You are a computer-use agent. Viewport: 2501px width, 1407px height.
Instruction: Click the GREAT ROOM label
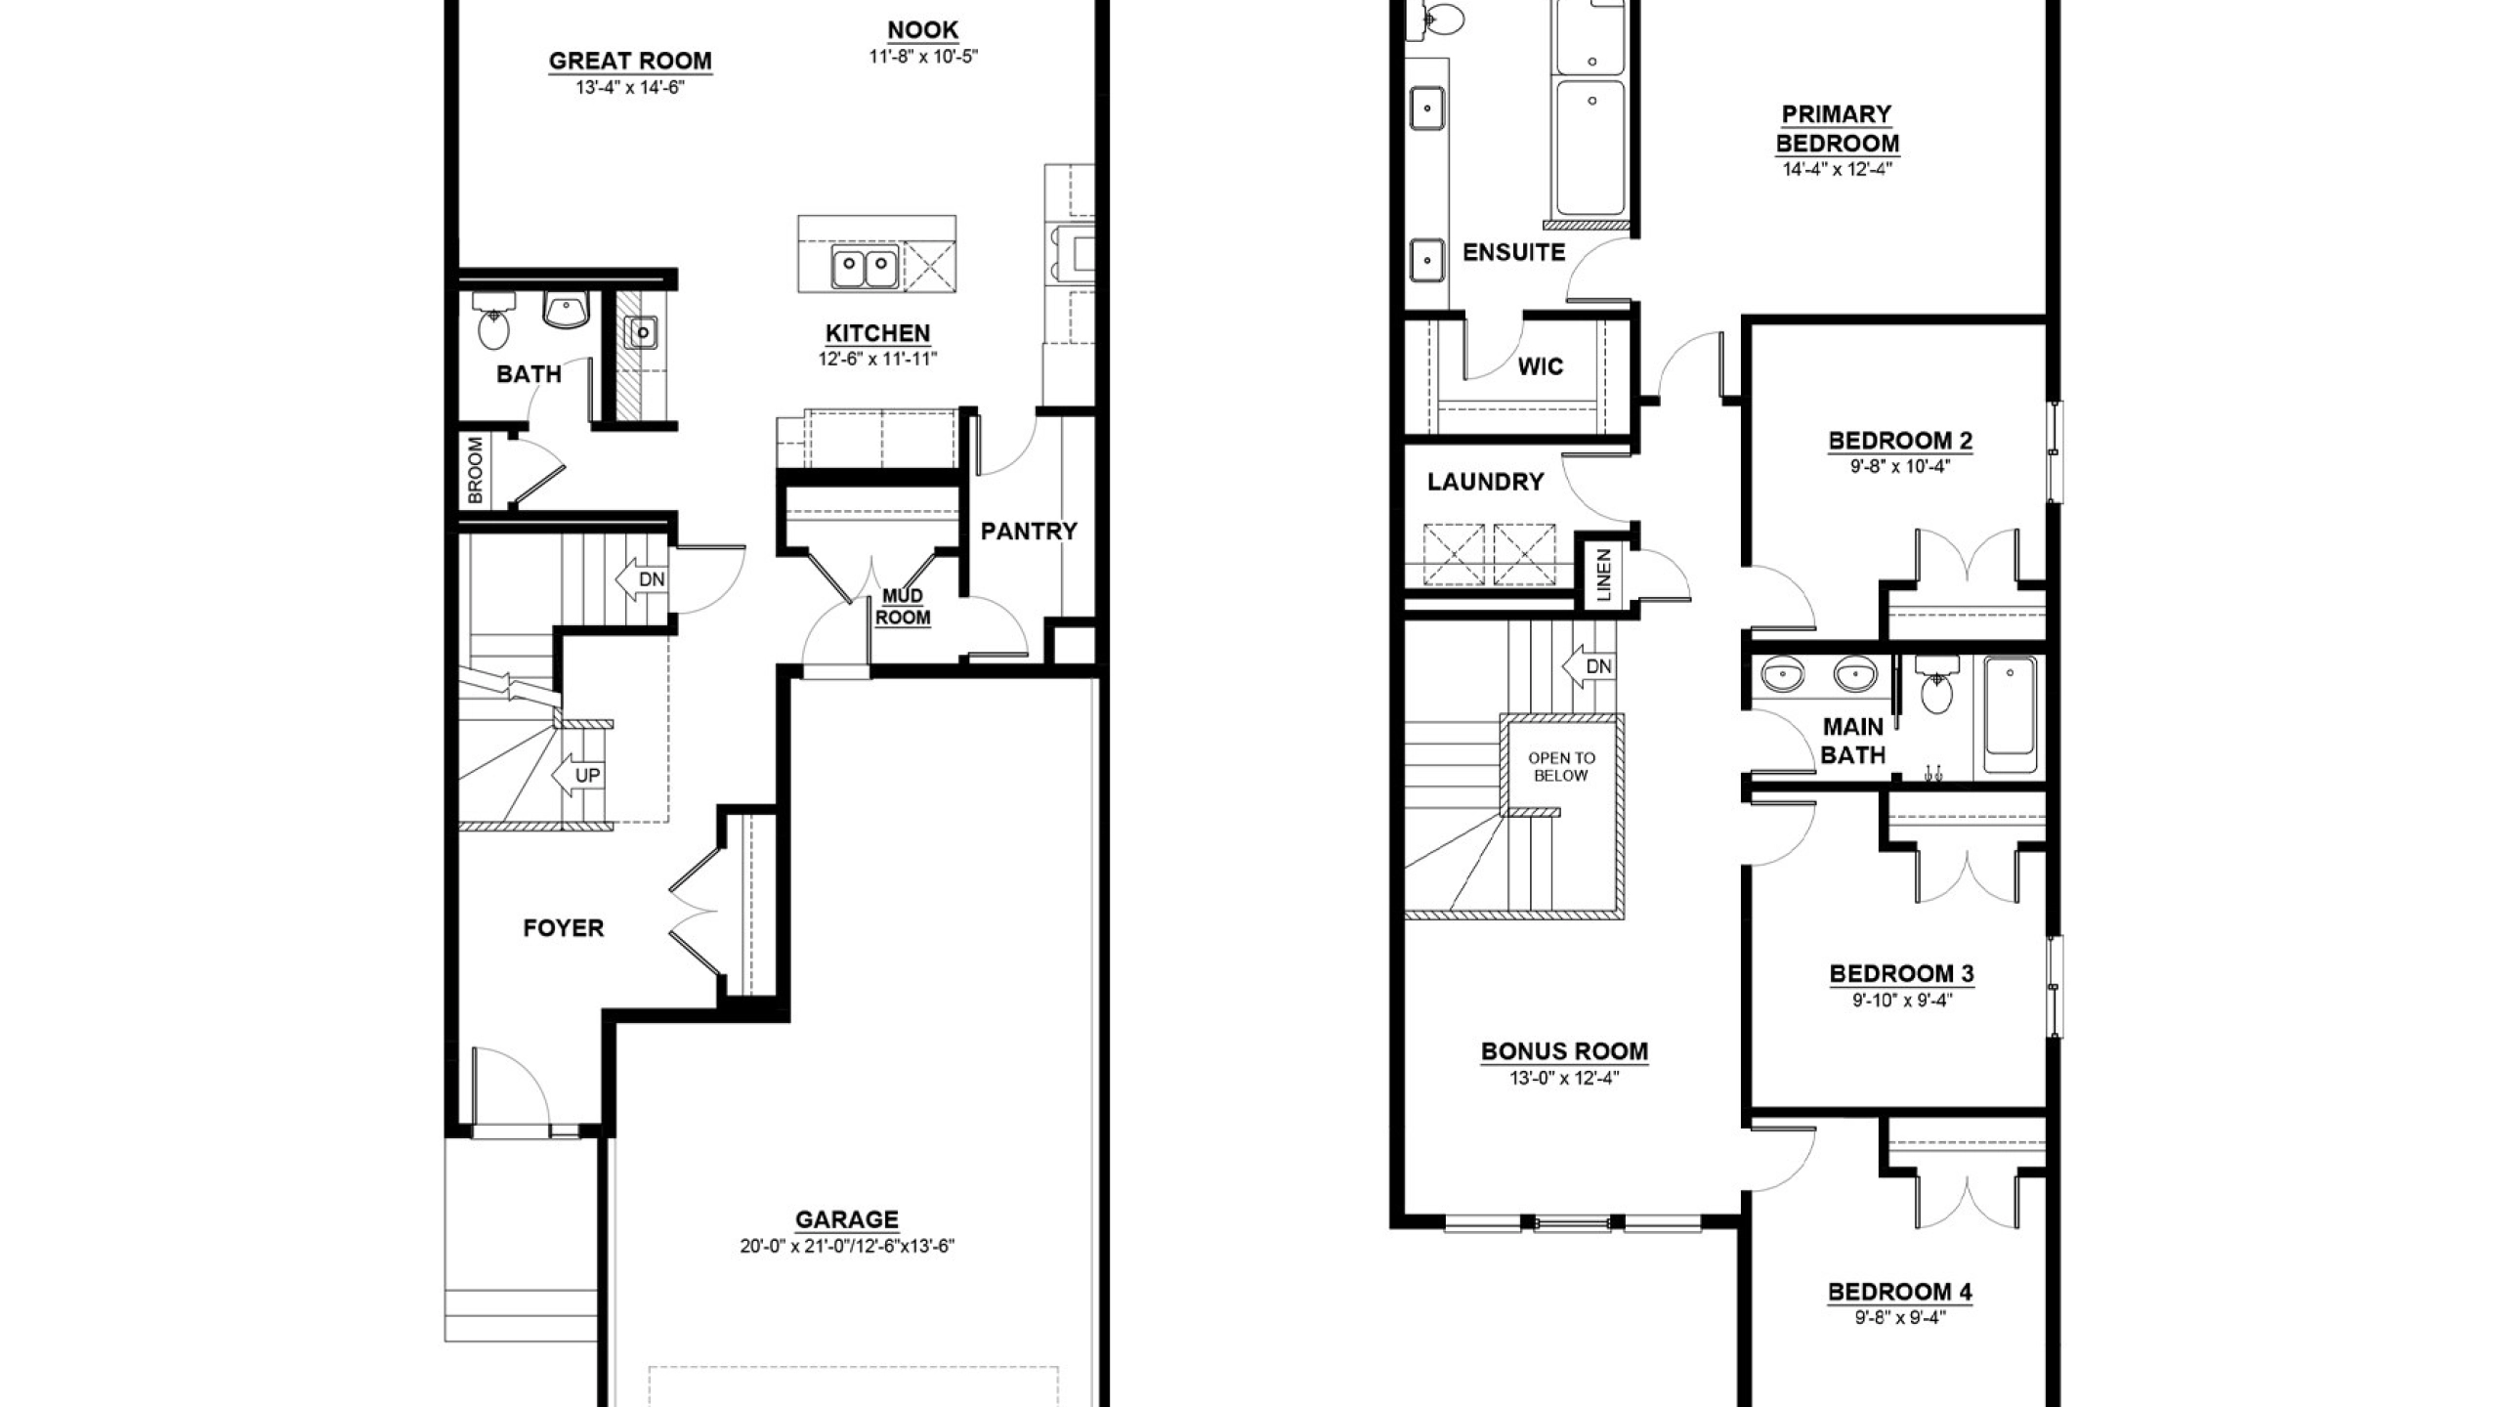click(630, 61)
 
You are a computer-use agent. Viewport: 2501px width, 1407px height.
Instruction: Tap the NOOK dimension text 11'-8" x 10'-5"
click(923, 57)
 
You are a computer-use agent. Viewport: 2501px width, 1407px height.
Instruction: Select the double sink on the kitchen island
click(866, 266)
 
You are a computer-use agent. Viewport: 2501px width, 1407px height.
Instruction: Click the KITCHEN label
click(877, 333)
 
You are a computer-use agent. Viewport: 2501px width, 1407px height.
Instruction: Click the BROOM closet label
click(476, 470)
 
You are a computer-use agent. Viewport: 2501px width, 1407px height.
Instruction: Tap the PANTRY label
click(1029, 531)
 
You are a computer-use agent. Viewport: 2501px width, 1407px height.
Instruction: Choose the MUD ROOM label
click(902, 607)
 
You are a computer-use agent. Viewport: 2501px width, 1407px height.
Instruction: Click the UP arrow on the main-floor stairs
click(577, 776)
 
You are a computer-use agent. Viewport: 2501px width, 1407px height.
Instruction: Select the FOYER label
click(564, 927)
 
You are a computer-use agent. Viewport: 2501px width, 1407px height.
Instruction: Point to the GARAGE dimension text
click(847, 1246)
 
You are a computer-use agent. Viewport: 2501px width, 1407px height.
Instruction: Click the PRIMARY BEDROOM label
click(1837, 129)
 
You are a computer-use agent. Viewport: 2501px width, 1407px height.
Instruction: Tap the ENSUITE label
click(1513, 252)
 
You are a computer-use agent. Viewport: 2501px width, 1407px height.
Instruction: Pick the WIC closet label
click(1541, 366)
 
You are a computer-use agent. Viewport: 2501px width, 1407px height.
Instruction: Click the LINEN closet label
click(1604, 576)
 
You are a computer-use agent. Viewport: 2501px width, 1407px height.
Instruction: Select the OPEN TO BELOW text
click(1561, 766)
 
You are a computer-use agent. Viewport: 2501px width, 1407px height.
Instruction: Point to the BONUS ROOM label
click(1564, 1051)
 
